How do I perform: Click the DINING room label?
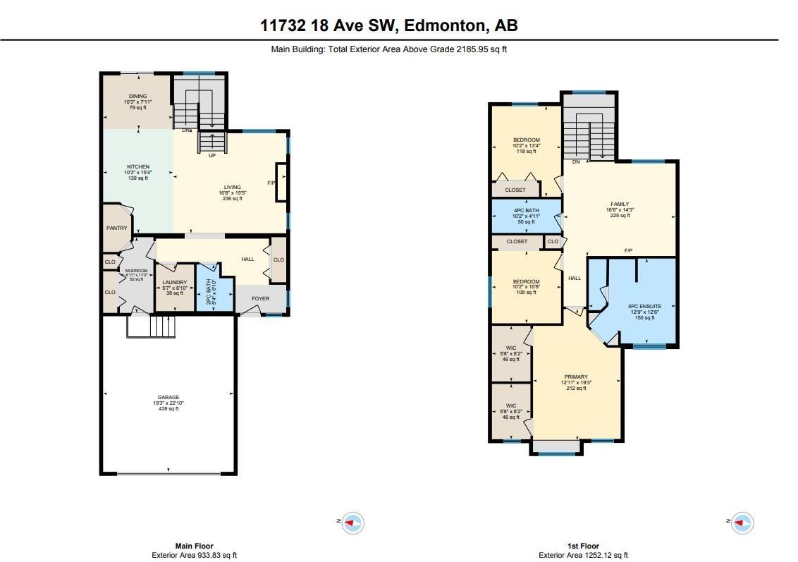(x=137, y=96)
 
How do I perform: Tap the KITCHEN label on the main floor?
(x=137, y=167)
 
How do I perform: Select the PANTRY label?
(x=116, y=228)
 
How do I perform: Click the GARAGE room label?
(x=168, y=397)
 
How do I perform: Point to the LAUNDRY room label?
(x=174, y=283)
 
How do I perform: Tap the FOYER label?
(x=261, y=298)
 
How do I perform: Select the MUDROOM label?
(x=137, y=271)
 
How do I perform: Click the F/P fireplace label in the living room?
(x=271, y=183)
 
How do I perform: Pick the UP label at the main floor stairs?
(x=211, y=155)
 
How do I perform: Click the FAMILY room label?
(x=619, y=204)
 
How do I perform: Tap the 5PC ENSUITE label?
(x=644, y=306)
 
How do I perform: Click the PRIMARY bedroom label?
(x=576, y=377)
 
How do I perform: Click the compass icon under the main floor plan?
(x=352, y=523)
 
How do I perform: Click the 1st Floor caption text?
(x=583, y=546)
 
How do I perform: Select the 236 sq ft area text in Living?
(x=232, y=199)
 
